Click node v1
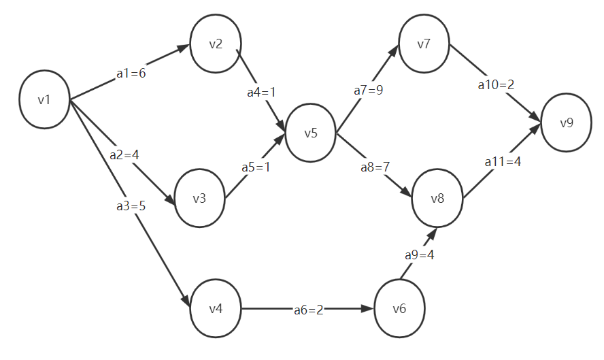click(45, 100)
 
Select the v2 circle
click(216, 45)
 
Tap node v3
click(199, 199)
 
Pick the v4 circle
click(216, 308)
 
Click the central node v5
click(311, 133)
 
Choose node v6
click(399, 308)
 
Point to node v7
click(424, 45)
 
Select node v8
click(437, 199)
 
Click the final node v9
click(567, 123)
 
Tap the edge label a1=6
click(131, 73)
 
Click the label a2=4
click(124, 154)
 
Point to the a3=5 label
click(131, 205)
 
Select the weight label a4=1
click(262, 92)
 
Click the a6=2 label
click(309, 310)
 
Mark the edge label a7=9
click(368, 91)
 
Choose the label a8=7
click(375, 167)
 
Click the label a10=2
click(496, 85)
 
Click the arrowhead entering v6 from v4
click(369, 309)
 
